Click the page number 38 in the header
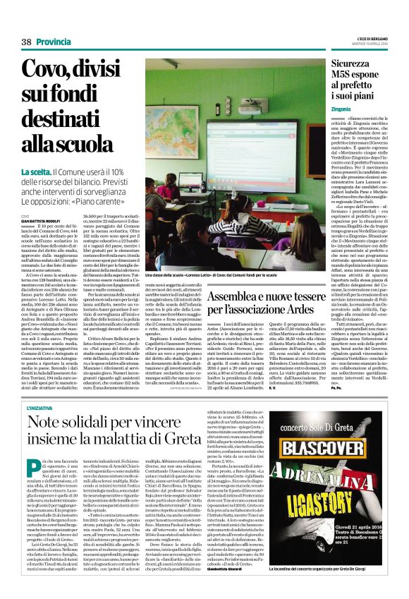tap(26, 42)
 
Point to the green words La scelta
tap(36, 171)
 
